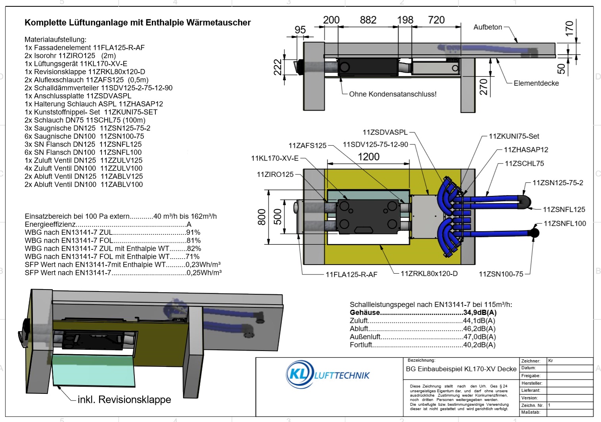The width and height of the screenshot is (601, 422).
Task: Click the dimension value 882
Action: point(368,20)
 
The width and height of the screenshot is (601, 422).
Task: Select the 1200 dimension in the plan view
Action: point(368,157)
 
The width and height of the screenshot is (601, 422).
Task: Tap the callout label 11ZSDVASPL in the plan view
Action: point(385,132)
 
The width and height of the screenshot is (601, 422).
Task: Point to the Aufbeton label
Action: point(488,27)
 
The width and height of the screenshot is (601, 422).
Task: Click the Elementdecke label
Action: point(536,83)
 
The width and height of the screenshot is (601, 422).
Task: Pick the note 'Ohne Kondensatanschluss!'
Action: point(392,94)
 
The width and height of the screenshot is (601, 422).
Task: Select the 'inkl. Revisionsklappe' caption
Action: point(124,399)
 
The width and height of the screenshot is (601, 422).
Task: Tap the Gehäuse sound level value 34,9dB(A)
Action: point(480,313)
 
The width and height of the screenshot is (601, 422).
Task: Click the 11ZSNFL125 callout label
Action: point(564,209)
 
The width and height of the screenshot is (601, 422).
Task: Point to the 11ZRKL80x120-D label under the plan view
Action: point(429,274)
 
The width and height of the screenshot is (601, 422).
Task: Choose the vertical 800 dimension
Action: point(262,217)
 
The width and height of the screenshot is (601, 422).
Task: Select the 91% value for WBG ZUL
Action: point(193,232)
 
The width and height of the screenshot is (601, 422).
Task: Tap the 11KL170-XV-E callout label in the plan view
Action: point(275,158)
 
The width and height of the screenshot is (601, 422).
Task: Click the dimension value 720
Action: point(436,20)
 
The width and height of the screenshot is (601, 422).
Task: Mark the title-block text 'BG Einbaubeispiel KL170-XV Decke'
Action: point(461,369)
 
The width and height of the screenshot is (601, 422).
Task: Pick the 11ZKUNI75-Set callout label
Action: point(514,136)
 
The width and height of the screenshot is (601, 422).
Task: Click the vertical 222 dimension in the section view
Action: point(278,67)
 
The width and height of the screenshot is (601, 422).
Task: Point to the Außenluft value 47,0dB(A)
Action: point(480,337)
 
